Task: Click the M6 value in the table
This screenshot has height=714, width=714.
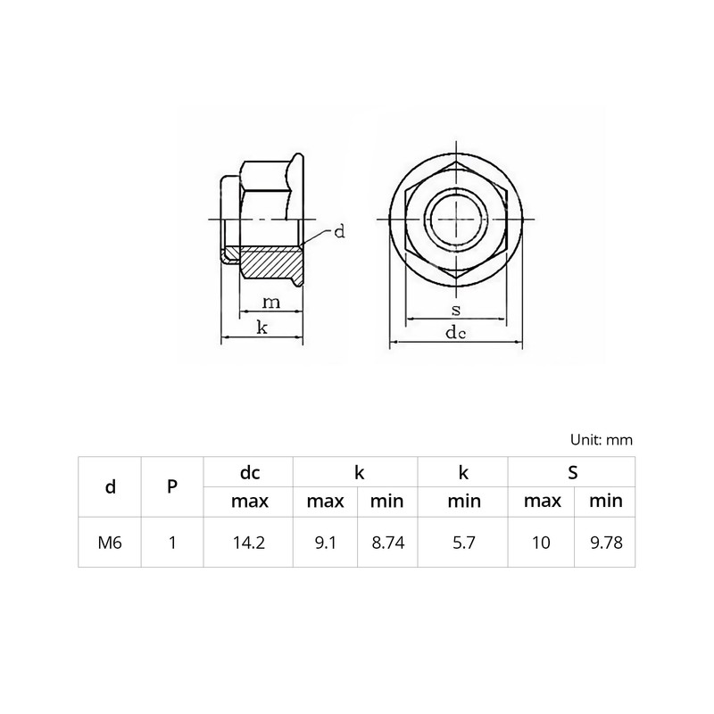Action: [110, 542]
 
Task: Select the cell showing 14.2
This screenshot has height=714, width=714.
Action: [249, 542]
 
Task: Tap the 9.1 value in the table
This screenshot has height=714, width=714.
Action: [325, 542]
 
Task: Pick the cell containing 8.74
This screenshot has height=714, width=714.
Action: [387, 542]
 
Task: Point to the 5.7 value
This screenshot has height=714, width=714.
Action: [463, 542]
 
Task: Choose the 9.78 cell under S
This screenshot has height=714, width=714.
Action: [605, 542]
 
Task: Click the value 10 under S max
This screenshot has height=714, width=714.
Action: [542, 542]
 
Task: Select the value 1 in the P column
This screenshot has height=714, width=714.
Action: [172, 542]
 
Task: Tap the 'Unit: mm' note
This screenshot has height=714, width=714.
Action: [601, 440]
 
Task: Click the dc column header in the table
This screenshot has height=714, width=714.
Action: [249, 472]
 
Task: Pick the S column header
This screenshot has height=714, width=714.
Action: [572, 472]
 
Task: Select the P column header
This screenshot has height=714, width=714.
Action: [172, 486]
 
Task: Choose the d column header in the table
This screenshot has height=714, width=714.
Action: [110, 486]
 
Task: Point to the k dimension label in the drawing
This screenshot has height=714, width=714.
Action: [262, 328]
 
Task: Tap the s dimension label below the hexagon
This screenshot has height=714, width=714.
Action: [455, 310]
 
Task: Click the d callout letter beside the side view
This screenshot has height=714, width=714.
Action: [338, 232]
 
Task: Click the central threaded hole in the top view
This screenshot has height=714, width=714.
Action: [455, 217]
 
